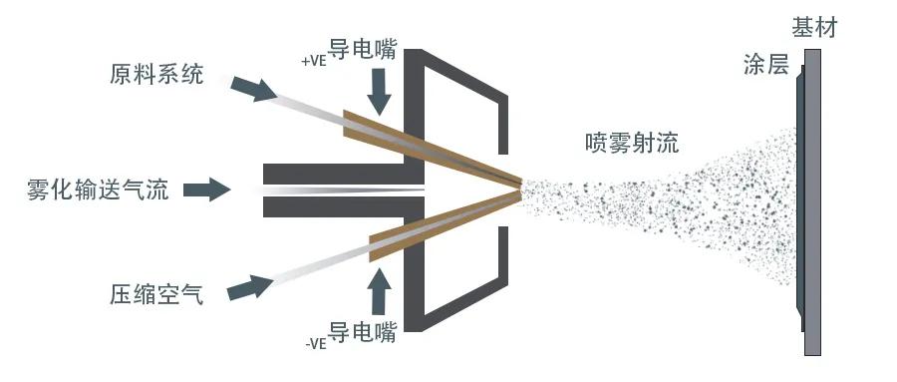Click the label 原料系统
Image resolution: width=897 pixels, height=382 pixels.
pyautogui.click(x=156, y=75)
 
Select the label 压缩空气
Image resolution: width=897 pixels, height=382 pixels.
pyautogui.click(x=156, y=294)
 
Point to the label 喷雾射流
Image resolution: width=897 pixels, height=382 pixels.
pyautogui.click(x=631, y=143)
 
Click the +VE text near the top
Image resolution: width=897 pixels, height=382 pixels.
pyautogui.click(x=313, y=60)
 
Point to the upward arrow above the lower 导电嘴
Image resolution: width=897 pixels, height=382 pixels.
pyautogui.click(x=382, y=289)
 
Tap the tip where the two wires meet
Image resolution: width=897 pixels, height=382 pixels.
pyautogui.click(x=519, y=185)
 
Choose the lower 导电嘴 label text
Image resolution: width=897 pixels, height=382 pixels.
pyautogui.click(x=363, y=332)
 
